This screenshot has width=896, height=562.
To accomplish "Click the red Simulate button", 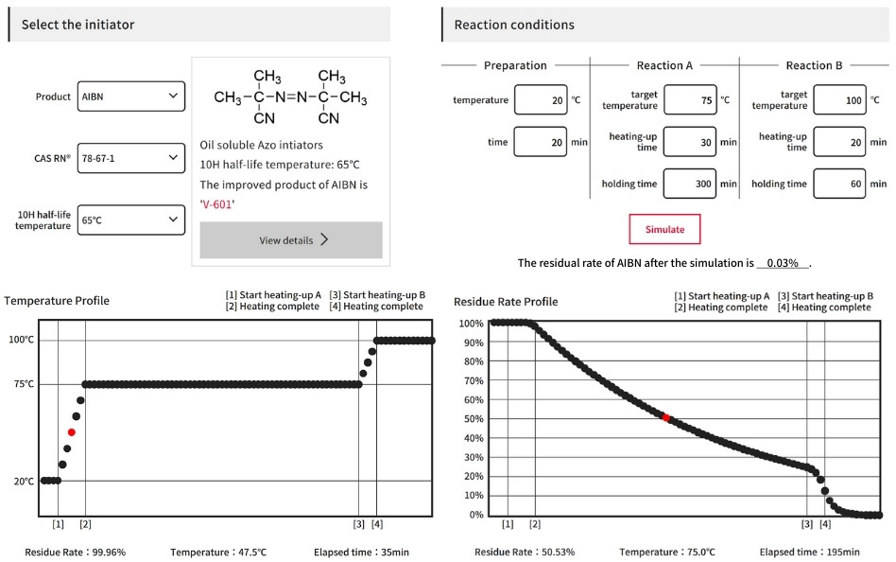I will [x=664, y=229].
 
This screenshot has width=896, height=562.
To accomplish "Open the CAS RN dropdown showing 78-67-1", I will [x=131, y=158].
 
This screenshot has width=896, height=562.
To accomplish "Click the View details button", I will [x=291, y=240].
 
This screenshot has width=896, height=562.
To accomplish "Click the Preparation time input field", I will [x=540, y=142].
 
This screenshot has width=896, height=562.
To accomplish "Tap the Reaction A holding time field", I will [x=690, y=184].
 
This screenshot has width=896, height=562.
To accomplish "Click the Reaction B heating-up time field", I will [x=839, y=142].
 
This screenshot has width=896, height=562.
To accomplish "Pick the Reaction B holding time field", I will [x=839, y=184].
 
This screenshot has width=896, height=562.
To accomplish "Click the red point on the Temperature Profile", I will [x=72, y=432].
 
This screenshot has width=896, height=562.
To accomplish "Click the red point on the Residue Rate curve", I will [x=665, y=417].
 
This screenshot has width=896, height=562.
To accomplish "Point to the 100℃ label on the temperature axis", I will [x=21, y=340].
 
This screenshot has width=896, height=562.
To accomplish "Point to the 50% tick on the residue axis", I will [x=472, y=419].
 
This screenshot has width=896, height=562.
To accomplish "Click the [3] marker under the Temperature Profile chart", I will [x=358, y=524].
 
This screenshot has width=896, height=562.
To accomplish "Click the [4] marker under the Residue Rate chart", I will [x=825, y=524].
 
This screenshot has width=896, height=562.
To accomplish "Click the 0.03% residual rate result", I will [x=782, y=263].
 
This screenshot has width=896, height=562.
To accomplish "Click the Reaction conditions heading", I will [x=514, y=25].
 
